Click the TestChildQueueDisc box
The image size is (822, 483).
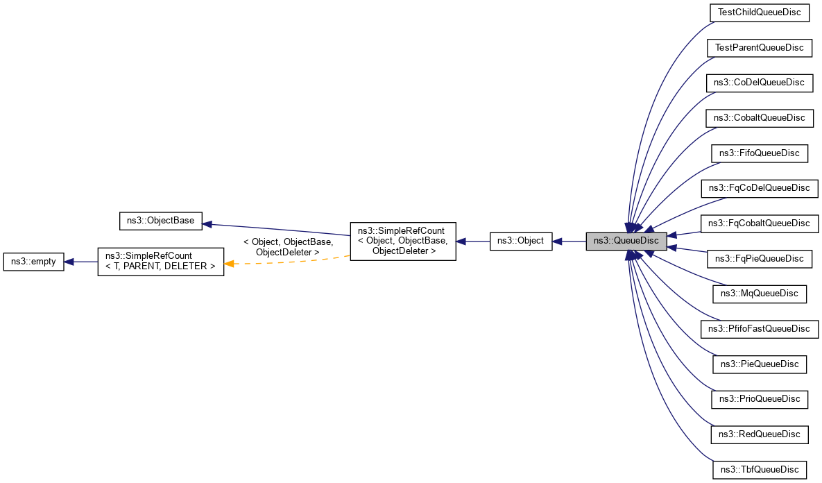pos(759,12)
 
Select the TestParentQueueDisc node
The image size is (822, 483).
pos(759,48)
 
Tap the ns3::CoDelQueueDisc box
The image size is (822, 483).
pos(759,83)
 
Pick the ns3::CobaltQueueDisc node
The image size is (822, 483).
pos(759,118)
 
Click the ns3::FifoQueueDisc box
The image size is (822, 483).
pos(759,153)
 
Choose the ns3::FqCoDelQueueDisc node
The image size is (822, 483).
pos(760,188)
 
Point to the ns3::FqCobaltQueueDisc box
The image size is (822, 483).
pos(760,223)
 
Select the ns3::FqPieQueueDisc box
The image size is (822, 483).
pos(759,258)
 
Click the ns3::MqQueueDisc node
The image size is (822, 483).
pos(759,294)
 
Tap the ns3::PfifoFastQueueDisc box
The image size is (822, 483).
pos(760,328)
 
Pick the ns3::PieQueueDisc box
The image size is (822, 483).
pos(759,364)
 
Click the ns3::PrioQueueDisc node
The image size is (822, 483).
pos(759,398)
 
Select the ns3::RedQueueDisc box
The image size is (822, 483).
pos(759,434)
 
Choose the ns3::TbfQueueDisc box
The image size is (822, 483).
pos(759,469)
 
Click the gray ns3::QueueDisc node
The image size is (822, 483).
pos(626,241)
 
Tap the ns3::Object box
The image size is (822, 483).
pos(521,241)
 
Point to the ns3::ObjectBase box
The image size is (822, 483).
pos(161,221)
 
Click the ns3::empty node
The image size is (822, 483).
pos(33,262)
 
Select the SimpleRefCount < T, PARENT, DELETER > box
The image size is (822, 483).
pos(160,262)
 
